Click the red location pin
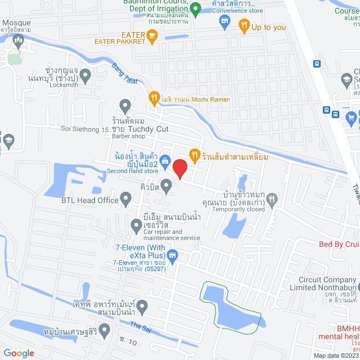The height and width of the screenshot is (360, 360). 179,168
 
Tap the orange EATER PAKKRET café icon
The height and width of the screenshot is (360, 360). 152,36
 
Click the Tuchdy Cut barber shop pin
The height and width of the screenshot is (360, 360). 125,105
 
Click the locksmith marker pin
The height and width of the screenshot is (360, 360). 85,74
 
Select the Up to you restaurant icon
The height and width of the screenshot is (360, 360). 244,25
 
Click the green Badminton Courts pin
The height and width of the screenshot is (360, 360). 195,8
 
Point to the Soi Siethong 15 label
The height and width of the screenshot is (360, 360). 84,129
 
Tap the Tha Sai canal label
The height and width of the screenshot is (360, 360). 141,341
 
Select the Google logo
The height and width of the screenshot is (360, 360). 19,353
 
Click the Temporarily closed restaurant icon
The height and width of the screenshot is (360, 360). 272,198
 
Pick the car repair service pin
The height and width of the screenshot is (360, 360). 136,226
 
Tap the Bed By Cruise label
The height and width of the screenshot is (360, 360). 339,244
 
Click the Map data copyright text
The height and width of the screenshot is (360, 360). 335,355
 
